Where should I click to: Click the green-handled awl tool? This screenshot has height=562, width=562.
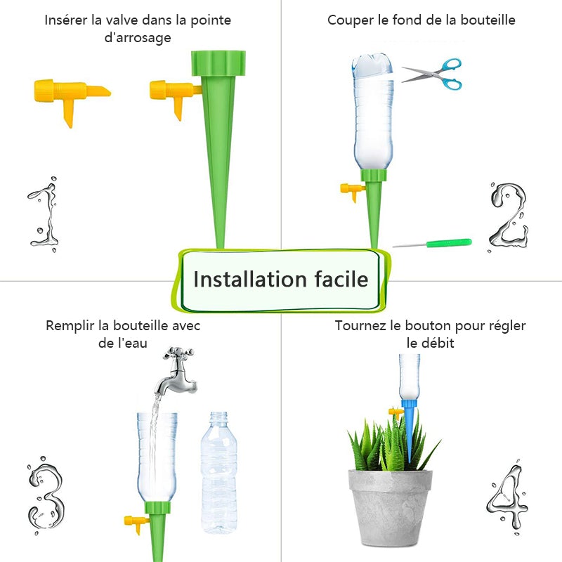(x=432, y=243)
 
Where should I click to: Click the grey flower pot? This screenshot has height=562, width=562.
(x=391, y=506)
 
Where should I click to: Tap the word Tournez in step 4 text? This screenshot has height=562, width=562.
(x=361, y=326)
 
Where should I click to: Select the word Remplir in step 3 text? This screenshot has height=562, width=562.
(x=70, y=326)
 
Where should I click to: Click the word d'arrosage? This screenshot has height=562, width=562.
(x=138, y=38)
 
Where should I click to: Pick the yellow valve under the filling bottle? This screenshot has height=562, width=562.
(x=135, y=523)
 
